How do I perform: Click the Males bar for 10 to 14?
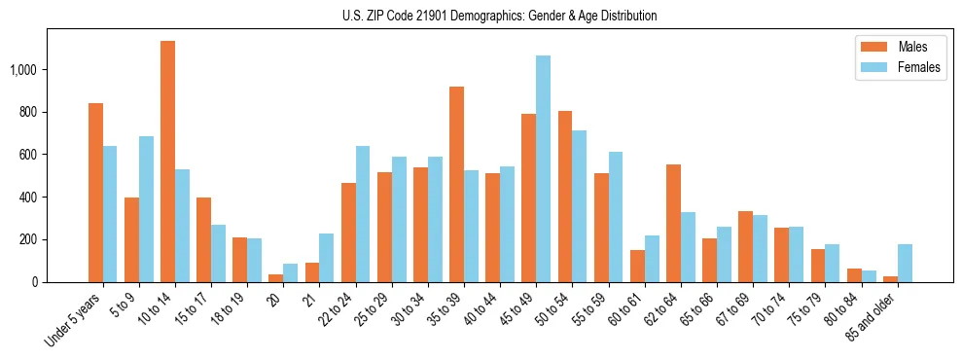pyautogui.click(x=167, y=162)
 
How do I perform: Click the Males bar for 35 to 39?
pyautogui.click(x=456, y=184)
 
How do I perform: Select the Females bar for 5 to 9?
pyautogui.click(x=146, y=209)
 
